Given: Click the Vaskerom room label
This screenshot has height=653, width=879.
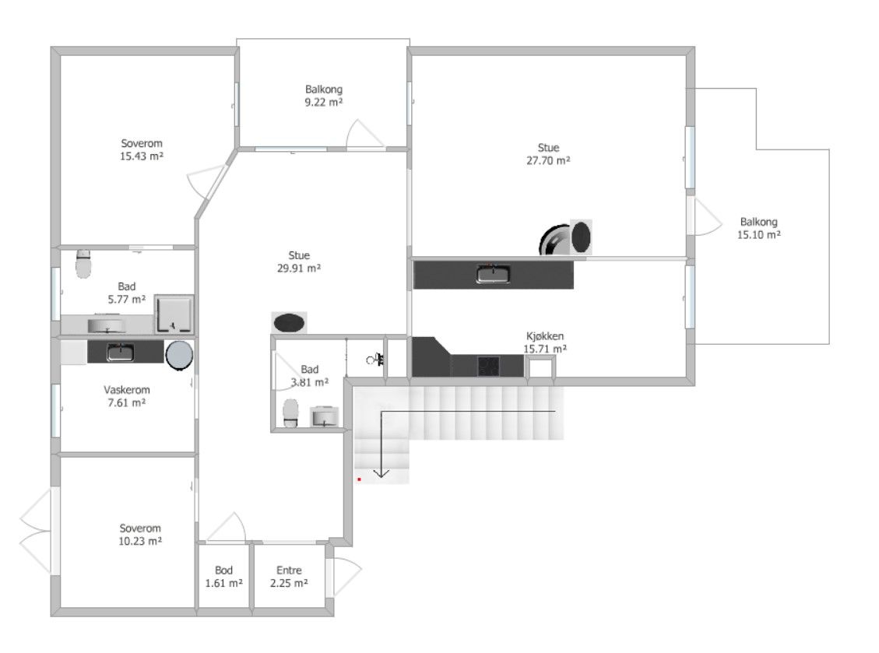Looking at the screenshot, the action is tap(127, 390).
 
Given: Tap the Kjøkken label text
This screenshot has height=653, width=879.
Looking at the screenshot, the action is tap(545, 336).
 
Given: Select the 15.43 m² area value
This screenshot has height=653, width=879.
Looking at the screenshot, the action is tap(141, 156).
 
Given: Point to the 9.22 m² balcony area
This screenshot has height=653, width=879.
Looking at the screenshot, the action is tap(323, 102).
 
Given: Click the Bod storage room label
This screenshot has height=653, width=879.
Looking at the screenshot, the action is tap(223, 570).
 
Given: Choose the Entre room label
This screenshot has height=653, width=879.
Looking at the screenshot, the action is tap(290, 570).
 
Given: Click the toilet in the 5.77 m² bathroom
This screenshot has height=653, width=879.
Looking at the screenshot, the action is tap(83, 264).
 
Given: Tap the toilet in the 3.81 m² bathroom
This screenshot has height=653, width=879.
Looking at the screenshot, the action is tap(290, 413).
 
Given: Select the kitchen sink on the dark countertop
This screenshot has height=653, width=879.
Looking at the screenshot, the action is tap(494, 274).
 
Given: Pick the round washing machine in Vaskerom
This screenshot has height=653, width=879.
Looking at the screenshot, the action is tap(179, 356).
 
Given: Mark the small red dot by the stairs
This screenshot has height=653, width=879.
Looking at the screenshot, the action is tap(359, 479).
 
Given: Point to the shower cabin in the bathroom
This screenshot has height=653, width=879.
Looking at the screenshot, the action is tap(174, 314).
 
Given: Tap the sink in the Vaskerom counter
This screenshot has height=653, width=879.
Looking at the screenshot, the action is tap(121, 353).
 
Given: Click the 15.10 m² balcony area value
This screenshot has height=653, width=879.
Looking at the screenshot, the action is tap(759, 235).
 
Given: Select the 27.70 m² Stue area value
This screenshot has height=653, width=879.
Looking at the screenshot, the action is tap(548, 160).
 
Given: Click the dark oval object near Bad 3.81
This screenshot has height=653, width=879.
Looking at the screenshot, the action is tap(289, 323).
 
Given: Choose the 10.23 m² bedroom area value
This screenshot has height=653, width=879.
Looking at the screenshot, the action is tap(140, 541).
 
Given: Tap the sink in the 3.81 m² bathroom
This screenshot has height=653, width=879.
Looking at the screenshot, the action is tap(325, 416).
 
